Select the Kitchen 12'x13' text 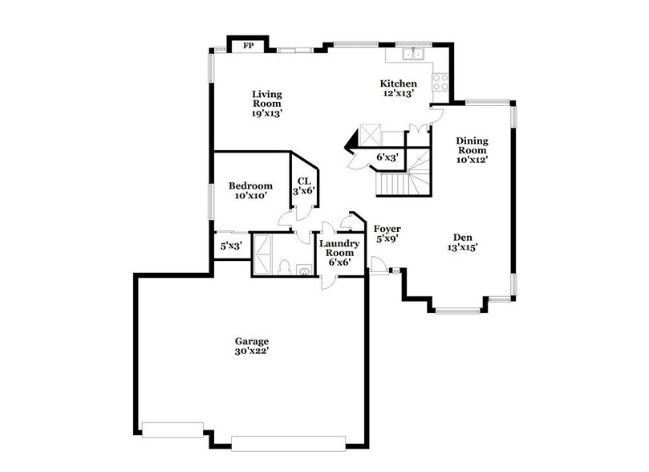[398, 88]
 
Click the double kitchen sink [414, 55]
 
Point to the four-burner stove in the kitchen [440, 81]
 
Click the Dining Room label [473, 149]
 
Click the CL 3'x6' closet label [303, 186]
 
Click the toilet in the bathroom [286, 267]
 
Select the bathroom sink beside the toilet [303, 270]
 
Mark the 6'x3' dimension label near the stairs [387, 157]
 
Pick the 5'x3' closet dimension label [230, 246]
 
